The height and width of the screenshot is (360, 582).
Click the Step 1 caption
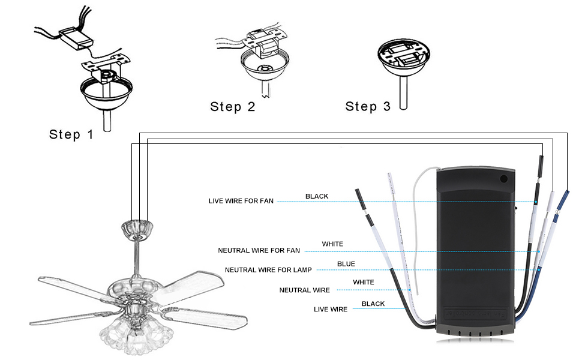pyautogui.click(x=71, y=134)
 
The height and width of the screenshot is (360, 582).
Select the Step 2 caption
pyautogui.click(x=232, y=107)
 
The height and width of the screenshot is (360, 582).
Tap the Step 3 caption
pyautogui.click(x=368, y=107)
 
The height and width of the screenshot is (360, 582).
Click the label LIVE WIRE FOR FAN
pyautogui.click(x=241, y=201)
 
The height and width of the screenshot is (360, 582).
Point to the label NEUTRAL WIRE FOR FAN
pyautogui.click(x=259, y=250)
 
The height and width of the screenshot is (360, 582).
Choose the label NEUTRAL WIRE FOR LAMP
pyautogui.click(x=268, y=270)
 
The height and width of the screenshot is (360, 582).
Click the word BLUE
pyautogui.click(x=346, y=264)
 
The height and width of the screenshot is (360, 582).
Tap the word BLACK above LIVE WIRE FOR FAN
pyautogui.click(x=317, y=196)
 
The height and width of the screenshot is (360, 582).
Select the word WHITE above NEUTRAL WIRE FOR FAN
pyautogui.click(x=332, y=244)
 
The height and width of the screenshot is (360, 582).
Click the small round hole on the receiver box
pyautogui.click(x=503, y=178)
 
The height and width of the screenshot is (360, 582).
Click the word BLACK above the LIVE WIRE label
pyautogui.click(x=373, y=304)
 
